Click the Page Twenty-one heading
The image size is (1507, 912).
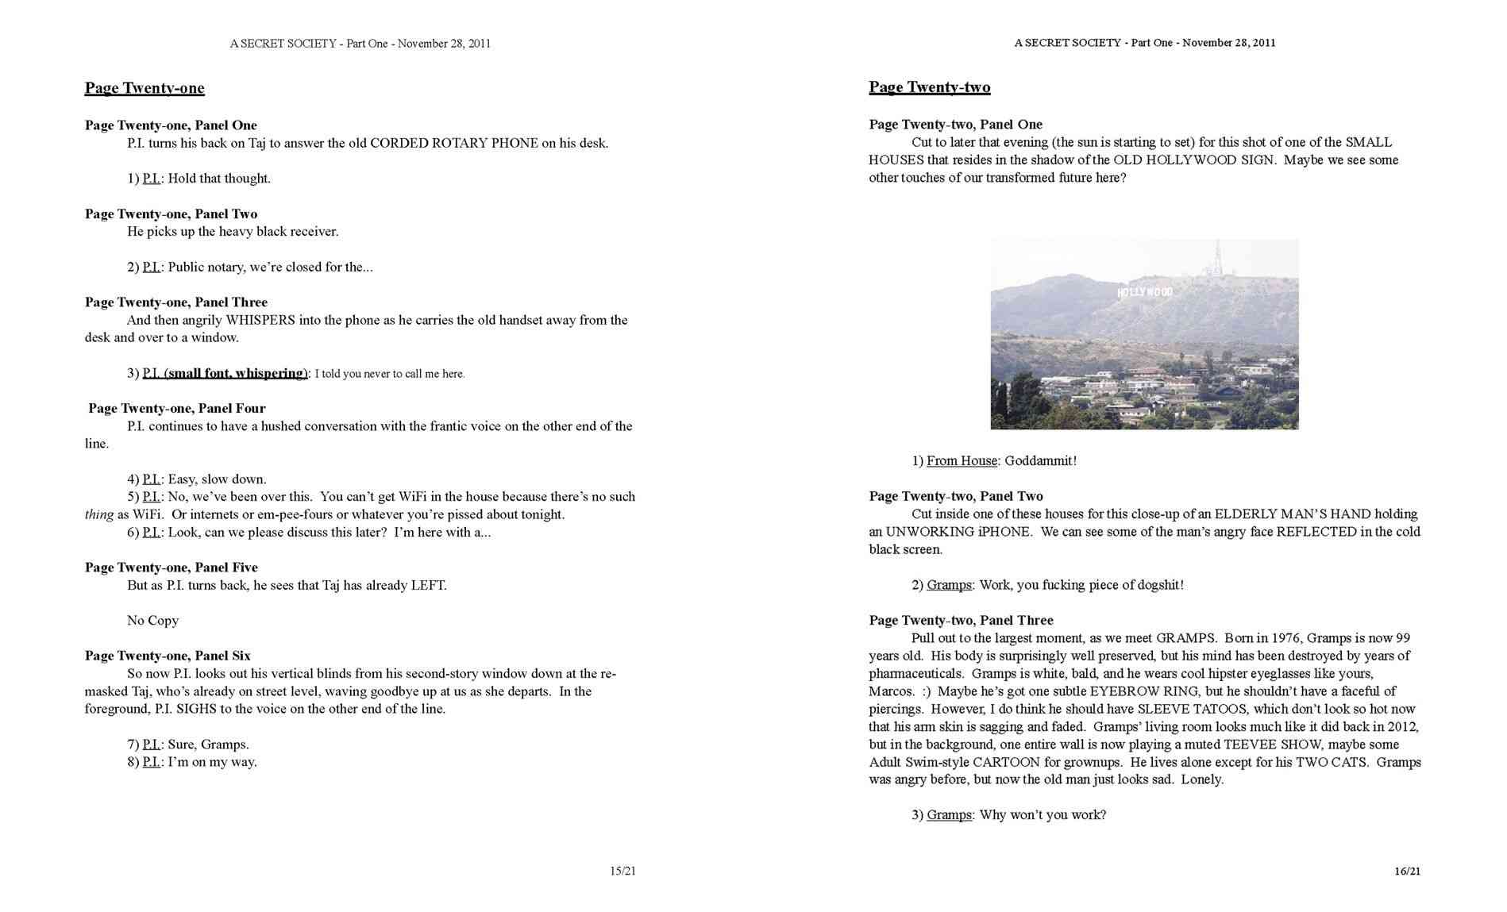pos(145,88)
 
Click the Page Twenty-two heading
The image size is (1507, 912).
pos(929,87)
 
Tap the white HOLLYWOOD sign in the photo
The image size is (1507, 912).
pos(1144,293)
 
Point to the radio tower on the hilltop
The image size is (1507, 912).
pos(1217,258)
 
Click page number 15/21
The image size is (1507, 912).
pos(622,871)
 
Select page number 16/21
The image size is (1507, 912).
pos(1407,871)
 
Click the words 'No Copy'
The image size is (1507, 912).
pos(152,621)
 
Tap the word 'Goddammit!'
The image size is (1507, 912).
pos(1040,461)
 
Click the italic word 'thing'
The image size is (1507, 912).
pos(98,514)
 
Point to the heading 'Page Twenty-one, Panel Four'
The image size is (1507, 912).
pos(176,409)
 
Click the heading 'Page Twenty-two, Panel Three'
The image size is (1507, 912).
pos(961,621)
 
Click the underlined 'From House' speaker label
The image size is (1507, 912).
pos(962,461)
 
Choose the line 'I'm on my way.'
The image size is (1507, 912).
pos(212,762)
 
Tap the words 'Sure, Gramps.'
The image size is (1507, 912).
pos(208,745)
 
